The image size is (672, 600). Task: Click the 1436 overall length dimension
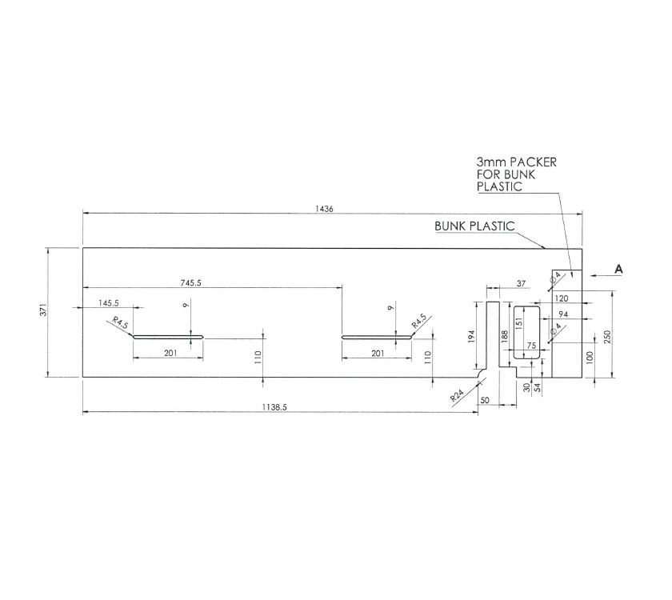click(323, 208)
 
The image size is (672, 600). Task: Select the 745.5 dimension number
click(191, 282)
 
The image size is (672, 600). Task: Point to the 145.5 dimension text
click(109, 302)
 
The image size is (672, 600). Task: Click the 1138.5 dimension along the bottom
click(274, 407)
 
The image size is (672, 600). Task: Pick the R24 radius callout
click(457, 395)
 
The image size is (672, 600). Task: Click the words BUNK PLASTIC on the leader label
click(474, 226)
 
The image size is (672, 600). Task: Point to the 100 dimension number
click(590, 356)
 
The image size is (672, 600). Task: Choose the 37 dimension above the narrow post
click(521, 283)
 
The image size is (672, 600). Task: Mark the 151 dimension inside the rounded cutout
click(518, 324)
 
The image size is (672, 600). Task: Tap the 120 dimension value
click(561, 298)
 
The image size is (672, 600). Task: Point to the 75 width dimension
click(531, 346)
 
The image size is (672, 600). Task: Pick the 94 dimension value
click(563, 314)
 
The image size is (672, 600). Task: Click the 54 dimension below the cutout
click(537, 387)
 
